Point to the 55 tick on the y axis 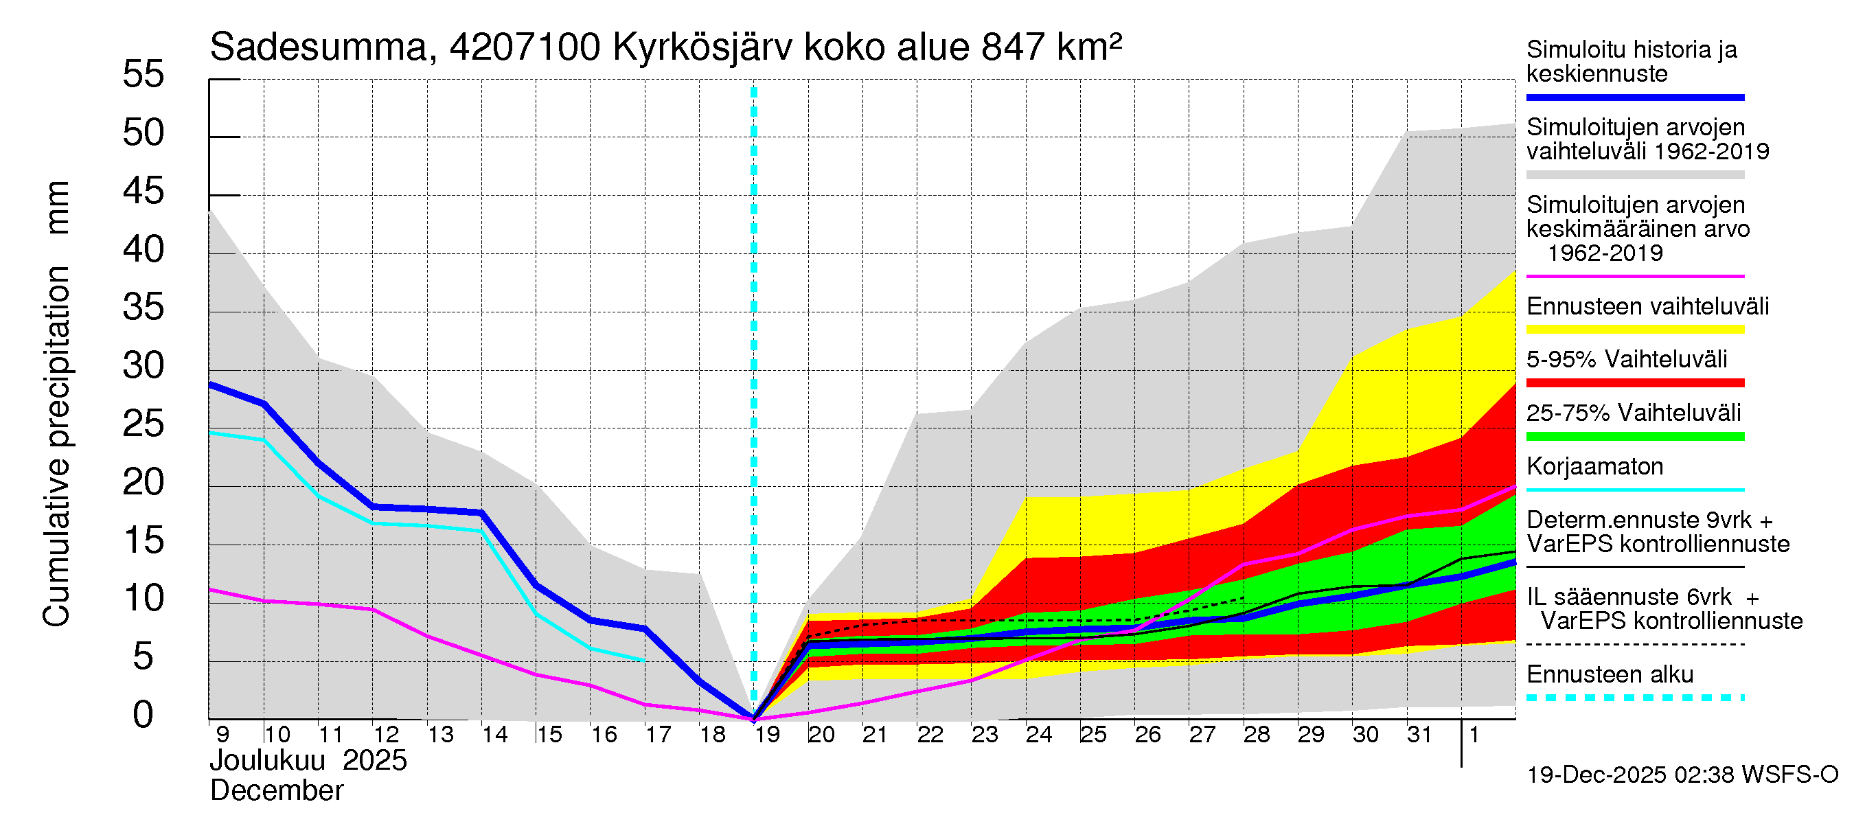coord(144,75)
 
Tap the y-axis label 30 coord(144,366)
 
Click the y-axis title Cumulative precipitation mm coord(56,403)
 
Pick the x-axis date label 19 coord(767,735)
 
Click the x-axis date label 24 coord(1038,735)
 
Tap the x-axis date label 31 coord(1419,735)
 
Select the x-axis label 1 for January coord(1474,735)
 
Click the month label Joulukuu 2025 coord(308,761)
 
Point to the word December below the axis coord(276,791)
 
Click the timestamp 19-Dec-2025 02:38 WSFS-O coord(1682,775)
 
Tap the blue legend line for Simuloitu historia coord(1634,97)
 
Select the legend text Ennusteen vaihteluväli coord(1647,306)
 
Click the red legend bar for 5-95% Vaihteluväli coord(1634,383)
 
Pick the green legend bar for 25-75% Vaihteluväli coord(1634,436)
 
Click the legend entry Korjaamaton coord(1594,466)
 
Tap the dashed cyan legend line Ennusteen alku coord(1634,698)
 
